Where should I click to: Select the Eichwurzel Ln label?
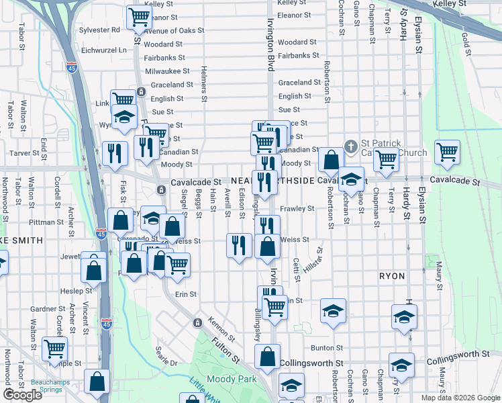103,50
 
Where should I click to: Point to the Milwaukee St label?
168,71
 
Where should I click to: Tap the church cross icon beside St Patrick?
350,146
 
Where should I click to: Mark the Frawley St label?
297,209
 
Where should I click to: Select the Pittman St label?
46,221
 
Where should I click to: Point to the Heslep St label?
76,291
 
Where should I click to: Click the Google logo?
23,395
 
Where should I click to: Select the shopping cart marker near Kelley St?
138,18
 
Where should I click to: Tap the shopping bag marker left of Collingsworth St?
267,357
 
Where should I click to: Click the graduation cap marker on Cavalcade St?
350,179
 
